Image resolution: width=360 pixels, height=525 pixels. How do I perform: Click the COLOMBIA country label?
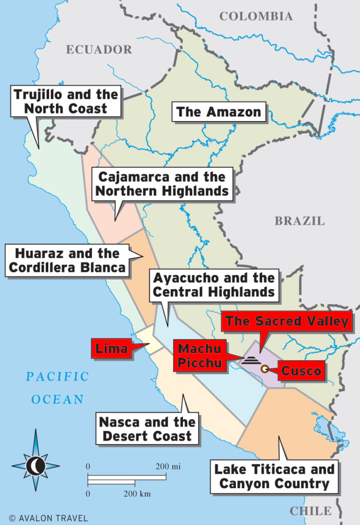[256, 16]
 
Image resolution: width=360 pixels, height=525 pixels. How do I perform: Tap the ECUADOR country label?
[99, 50]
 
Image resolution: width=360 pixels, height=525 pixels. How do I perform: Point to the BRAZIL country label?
[299, 221]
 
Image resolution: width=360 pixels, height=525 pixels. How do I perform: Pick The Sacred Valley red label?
[287, 322]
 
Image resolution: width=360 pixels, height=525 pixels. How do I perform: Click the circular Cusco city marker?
[265, 369]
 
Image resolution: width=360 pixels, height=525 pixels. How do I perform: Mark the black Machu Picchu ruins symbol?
[251, 359]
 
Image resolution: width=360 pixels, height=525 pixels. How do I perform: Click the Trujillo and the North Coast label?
[66, 101]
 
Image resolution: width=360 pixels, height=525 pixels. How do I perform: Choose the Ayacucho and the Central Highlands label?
[214, 286]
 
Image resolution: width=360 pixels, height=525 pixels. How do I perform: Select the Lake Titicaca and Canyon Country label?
[274, 476]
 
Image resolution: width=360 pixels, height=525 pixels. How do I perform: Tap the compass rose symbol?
[36, 465]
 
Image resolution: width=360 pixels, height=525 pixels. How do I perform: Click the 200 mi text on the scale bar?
[169, 467]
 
